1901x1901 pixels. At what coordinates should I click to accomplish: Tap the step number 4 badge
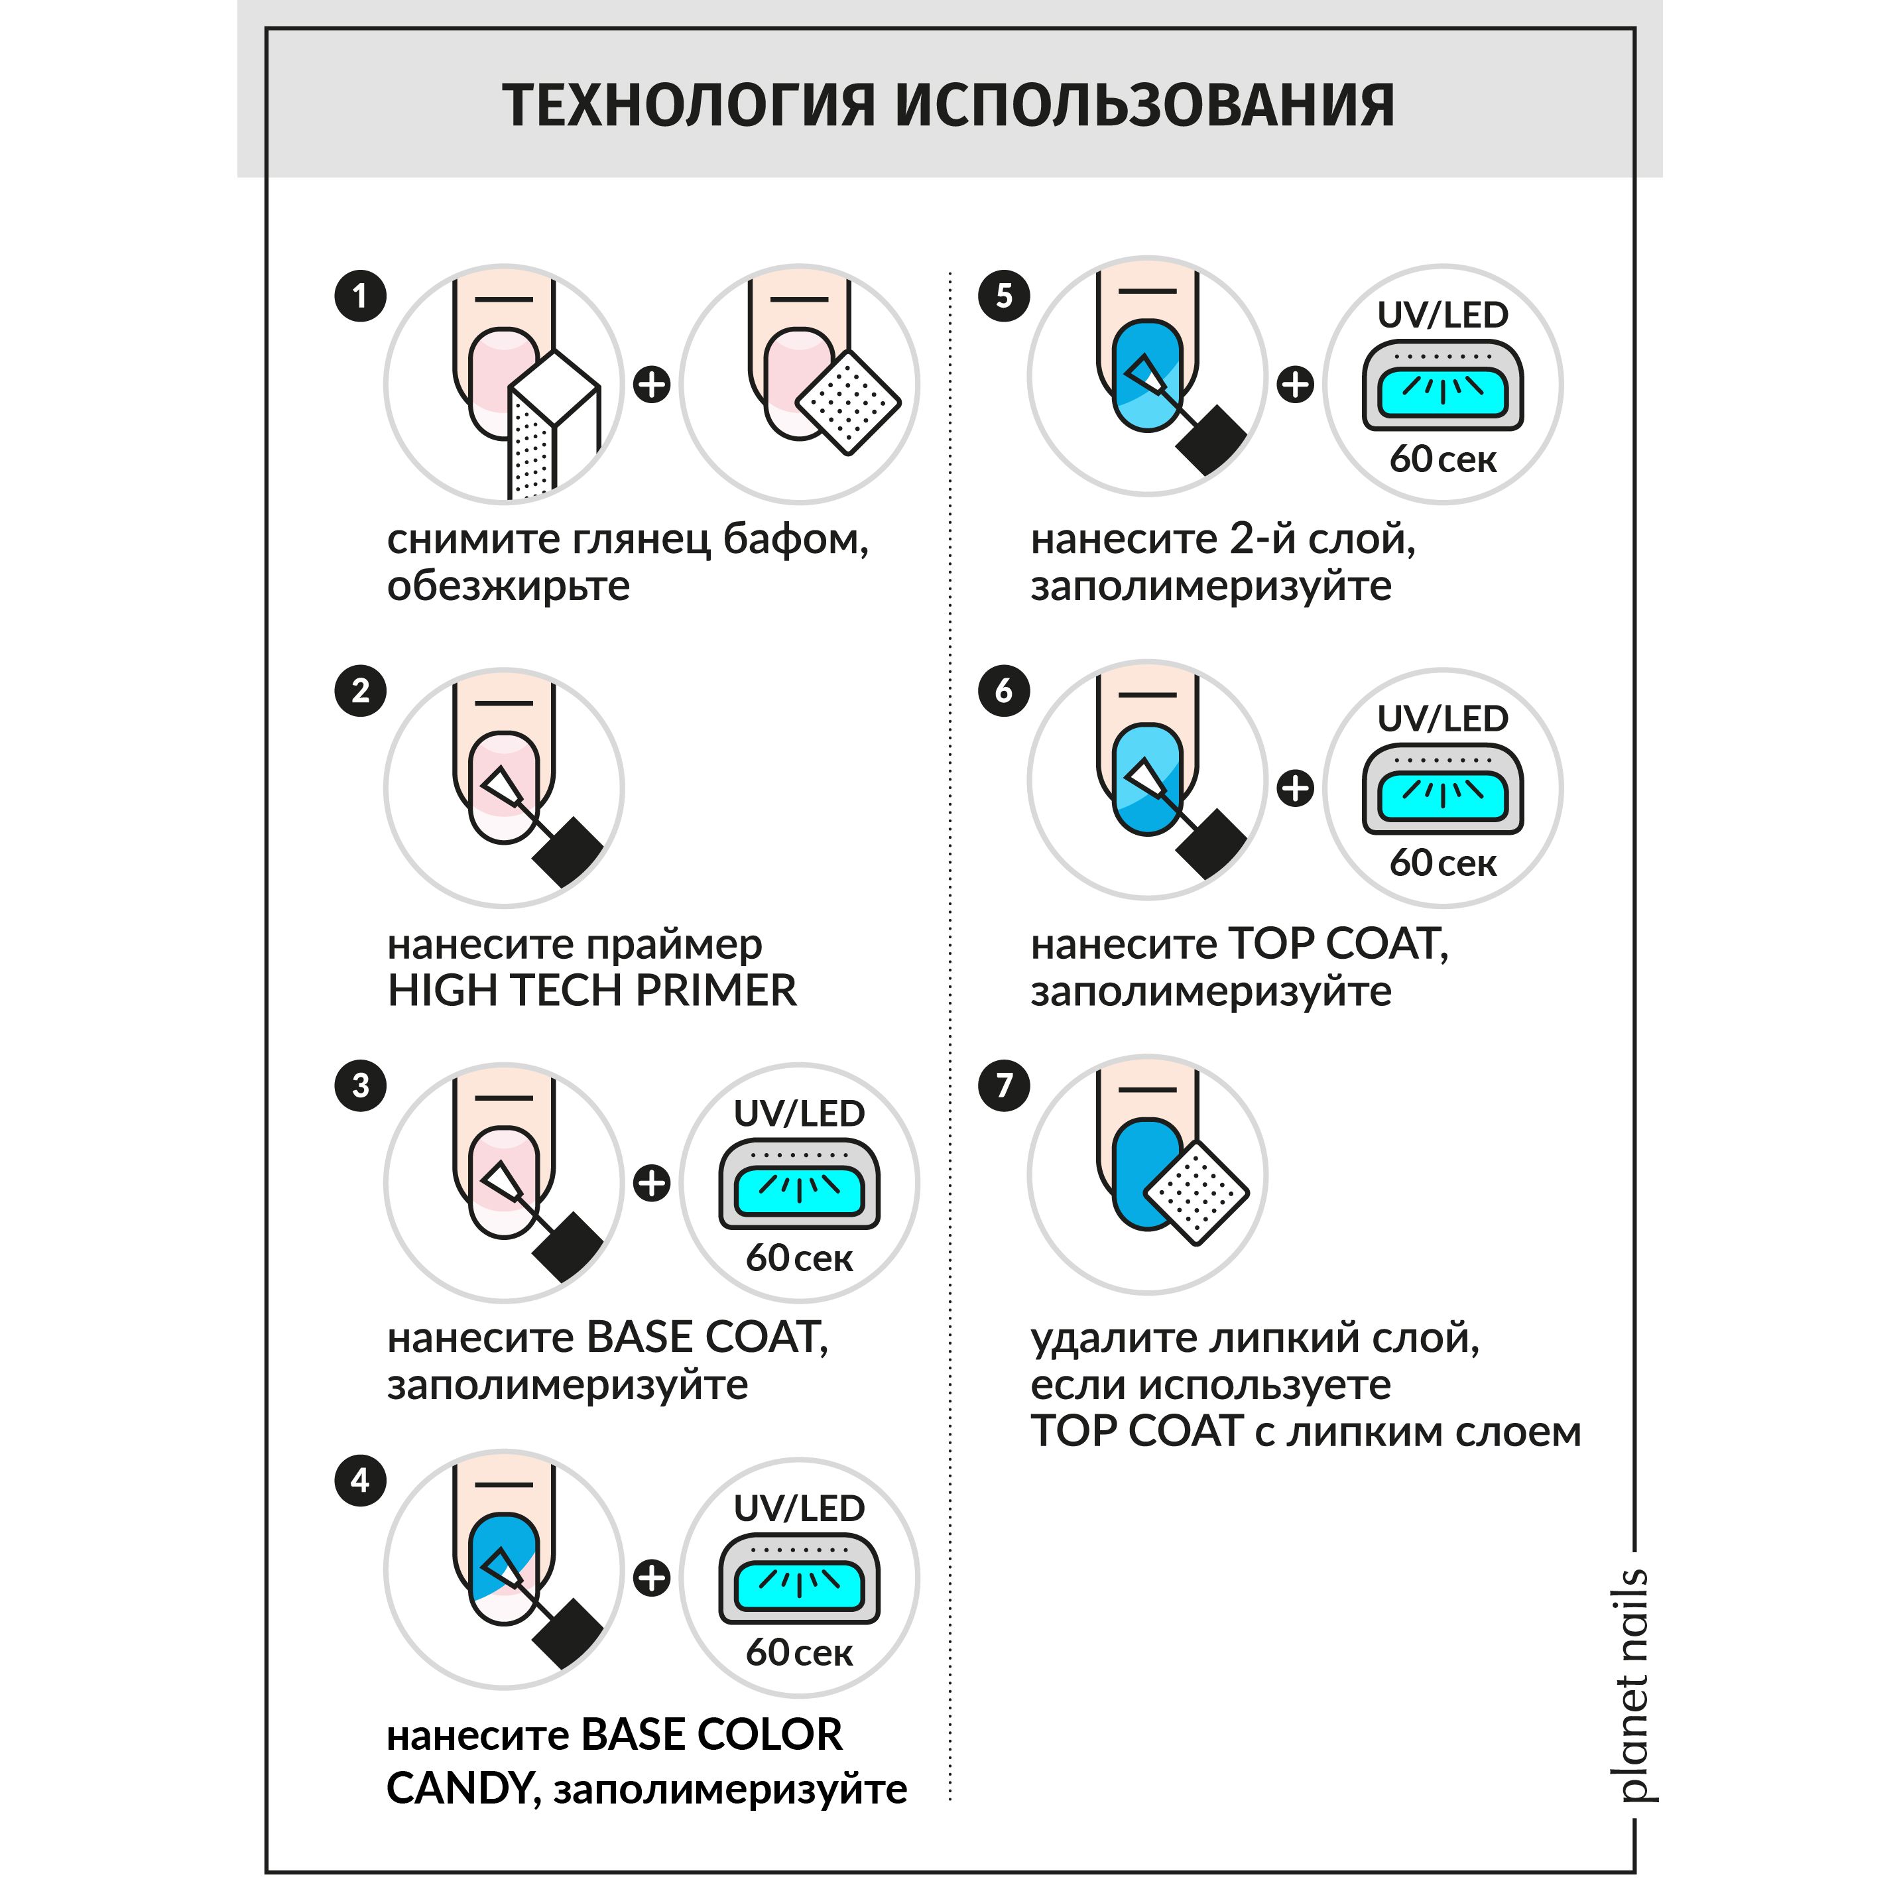click(360, 1481)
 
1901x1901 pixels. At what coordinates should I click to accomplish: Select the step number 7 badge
click(1004, 1085)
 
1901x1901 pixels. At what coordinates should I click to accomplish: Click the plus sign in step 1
click(651, 384)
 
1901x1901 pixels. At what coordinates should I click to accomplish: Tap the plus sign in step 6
click(1295, 788)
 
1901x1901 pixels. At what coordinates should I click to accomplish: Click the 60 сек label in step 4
click(799, 1653)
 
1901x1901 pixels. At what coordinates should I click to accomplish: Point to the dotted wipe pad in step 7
click(1196, 1193)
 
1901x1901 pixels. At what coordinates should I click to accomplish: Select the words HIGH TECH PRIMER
click(591, 991)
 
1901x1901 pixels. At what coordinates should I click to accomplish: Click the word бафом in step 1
click(795, 540)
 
